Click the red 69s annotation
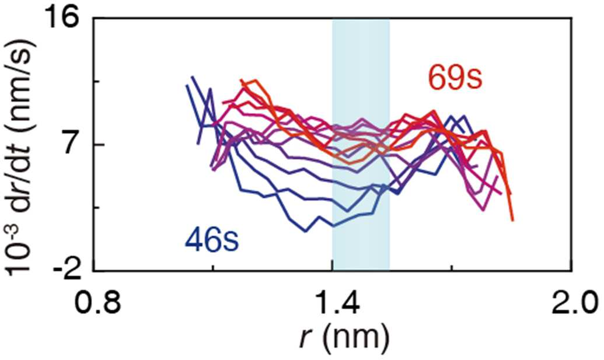[455, 78]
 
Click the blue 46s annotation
[212, 240]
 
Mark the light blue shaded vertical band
[361, 144]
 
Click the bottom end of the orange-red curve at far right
[513, 220]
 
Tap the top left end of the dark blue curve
[192, 77]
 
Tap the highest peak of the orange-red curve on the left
[253, 81]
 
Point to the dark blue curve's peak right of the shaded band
[464, 115]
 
